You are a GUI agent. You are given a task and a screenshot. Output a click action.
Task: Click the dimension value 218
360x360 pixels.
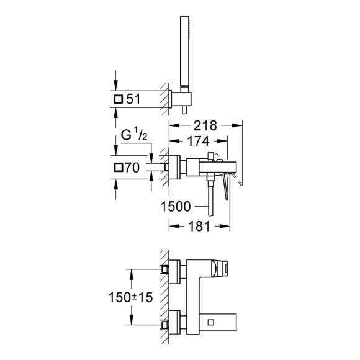(x=205, y=125)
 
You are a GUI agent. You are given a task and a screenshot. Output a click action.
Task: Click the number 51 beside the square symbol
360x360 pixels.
(x=135, y=99)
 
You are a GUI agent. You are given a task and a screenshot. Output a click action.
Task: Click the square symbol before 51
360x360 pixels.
(x=119, y=99)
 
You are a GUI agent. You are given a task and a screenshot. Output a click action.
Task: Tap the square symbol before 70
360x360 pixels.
(x=119, y=167)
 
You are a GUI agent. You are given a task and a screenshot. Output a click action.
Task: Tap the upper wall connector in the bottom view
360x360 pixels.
(x=166, y=269)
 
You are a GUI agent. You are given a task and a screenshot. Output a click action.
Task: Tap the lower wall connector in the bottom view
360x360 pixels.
(x=166, y=324)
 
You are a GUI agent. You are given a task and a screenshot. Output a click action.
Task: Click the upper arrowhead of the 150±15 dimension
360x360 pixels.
(x=131, y=272)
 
